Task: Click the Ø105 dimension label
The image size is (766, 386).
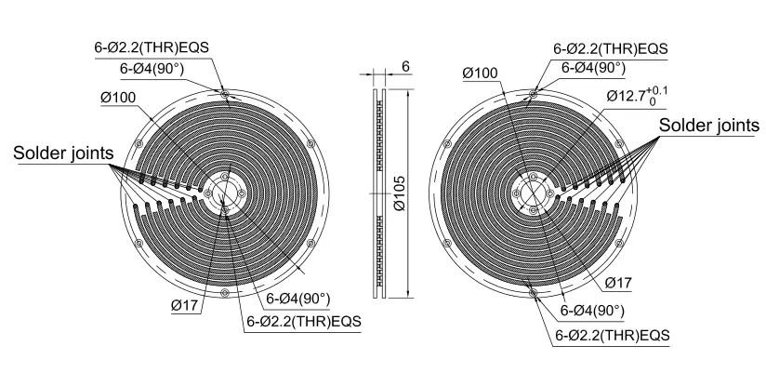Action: click(x=400, y=193)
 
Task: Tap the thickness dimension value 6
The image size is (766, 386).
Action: click(x=405, y=66)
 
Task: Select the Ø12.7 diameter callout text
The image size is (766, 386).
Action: click(x=626, y=96)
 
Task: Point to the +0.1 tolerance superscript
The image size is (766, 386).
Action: click(x=656, y=91)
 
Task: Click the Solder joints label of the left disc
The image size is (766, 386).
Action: click(x=63, y=153)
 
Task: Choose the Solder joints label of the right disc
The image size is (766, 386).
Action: click(x=709, y=126)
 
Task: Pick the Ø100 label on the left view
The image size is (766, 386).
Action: click(x=118, y=98)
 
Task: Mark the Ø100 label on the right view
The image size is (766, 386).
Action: click(x=480, y=73)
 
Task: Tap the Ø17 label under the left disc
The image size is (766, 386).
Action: click(x=186, y=306)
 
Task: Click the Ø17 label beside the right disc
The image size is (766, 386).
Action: click(x=618, y=283)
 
